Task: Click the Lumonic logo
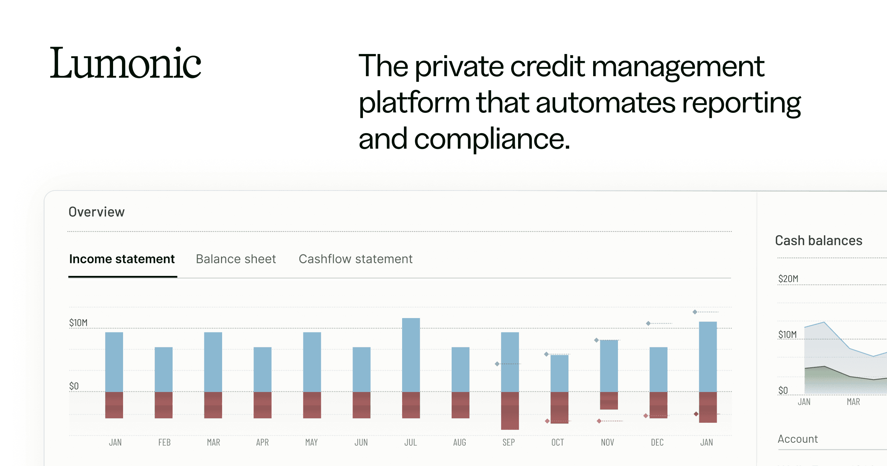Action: pos(126,63)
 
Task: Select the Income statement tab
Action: pos(122,259)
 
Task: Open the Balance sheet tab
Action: pos(236,259)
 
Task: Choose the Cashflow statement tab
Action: pos(356,259)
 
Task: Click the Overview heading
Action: pos(97,212)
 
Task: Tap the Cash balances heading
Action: pos(819,240)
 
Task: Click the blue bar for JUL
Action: pos(411,355)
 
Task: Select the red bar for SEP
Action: pos(510,411)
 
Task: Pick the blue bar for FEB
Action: pos(164,369)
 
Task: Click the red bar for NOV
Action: pos(609,401)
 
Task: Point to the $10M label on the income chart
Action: pos(78,323)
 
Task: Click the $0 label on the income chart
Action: pos(74,386)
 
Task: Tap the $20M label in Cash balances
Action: pos(788,279)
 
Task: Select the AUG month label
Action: pos(460,442)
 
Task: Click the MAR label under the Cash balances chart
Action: pos(853,402)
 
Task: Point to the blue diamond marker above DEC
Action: pos(648,324)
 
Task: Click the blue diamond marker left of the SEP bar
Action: pos(497,364)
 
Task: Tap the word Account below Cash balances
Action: pos(798,439)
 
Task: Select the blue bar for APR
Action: pos(262,369)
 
